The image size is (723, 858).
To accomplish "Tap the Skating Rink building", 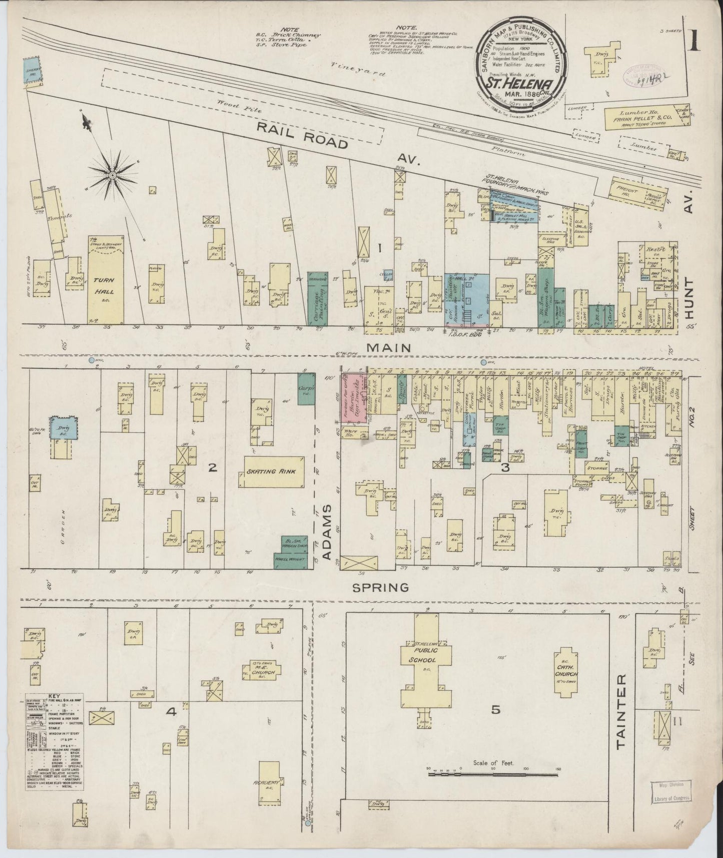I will click(x=274, y=472).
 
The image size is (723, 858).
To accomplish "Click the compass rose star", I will click(x=113, y=175).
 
